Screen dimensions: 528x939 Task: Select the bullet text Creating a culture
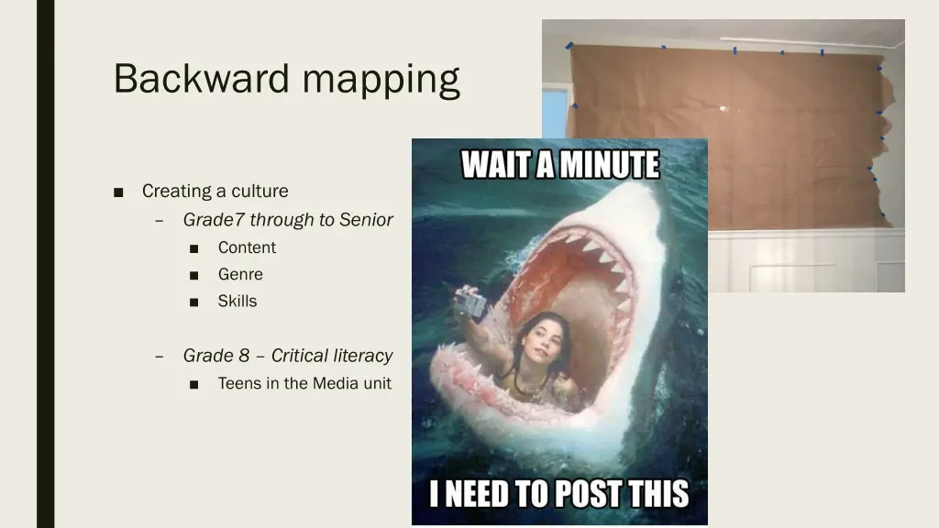(215, 192)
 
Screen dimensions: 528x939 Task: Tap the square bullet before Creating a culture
(119, 192)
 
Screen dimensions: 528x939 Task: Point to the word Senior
(366, 220)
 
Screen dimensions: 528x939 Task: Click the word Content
(247, 247)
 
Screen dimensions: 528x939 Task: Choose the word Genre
(240, 274)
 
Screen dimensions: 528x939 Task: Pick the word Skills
(238, 301)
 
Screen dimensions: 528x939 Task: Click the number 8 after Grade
(244, 356)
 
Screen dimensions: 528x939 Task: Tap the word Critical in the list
(300, 356)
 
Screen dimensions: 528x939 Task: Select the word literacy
(363, 356)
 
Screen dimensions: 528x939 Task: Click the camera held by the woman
(469, 302)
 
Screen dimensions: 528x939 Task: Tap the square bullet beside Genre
(194, 275)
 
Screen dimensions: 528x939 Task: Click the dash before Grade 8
(160, 356)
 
